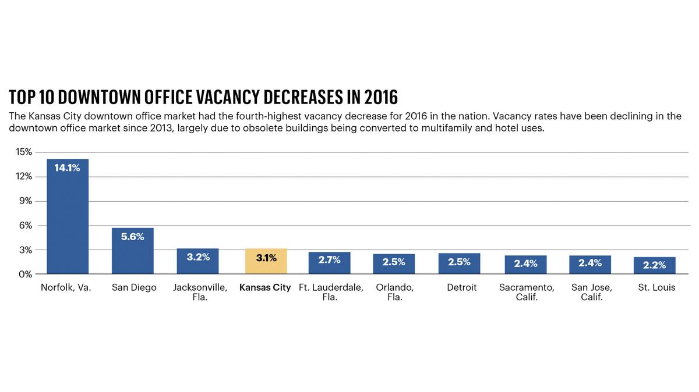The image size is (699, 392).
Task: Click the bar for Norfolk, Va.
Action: click(68, 221)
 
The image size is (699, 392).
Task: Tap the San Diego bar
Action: click(133, 256)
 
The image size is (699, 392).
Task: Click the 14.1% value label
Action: click(68, 168)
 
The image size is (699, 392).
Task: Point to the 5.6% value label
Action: click(133, 237)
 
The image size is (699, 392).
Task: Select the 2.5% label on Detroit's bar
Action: click(459, 262)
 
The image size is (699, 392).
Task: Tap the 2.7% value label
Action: click(329, 260)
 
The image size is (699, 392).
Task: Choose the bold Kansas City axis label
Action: click(265, 287)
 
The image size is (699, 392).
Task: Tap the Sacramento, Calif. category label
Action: click(527, 292)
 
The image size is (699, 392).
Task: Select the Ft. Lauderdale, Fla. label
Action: click(330, 292)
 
